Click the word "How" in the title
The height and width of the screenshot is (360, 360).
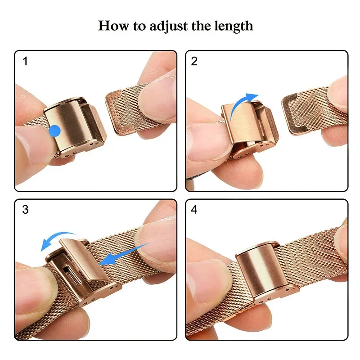pos(112,25)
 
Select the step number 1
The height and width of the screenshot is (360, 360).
pos(25,61)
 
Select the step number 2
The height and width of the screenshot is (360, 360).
pos(194,61)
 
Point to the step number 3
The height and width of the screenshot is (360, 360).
pos(25,210)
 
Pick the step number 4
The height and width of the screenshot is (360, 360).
pos(194,210)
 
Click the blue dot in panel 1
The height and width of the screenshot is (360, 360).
pos(54,131)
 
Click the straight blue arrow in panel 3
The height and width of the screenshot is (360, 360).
pos(123,254)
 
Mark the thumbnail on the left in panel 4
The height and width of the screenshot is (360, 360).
pos(205,279)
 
